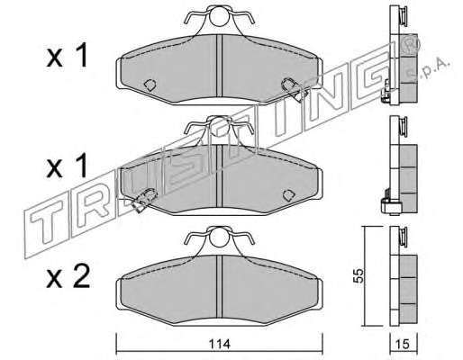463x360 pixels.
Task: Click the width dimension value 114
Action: pos(219,344)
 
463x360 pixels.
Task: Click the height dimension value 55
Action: pos(358,275)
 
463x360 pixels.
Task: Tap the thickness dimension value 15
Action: pos(403,345)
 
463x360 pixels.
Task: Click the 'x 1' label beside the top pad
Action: pos(67,55)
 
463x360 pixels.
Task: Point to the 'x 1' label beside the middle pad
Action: pos(67,166)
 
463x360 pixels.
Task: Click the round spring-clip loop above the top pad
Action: pos(219,16)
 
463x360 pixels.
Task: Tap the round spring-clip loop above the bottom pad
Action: pos(219,237)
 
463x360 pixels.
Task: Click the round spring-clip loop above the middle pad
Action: pos(219,126)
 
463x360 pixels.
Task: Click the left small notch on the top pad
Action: pos(150,85)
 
